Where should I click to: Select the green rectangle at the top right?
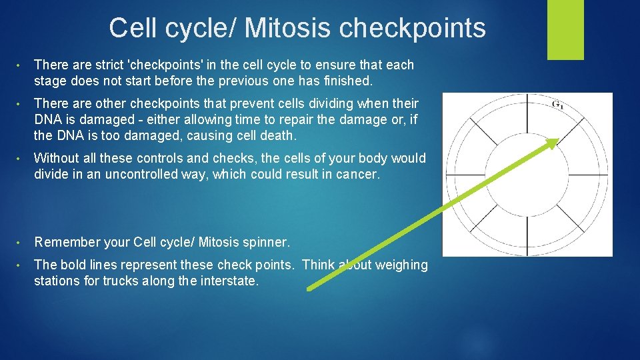(x=565, y=29)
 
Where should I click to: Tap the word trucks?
(x=123, y=281)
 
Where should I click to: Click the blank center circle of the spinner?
(x=527, y=174)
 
